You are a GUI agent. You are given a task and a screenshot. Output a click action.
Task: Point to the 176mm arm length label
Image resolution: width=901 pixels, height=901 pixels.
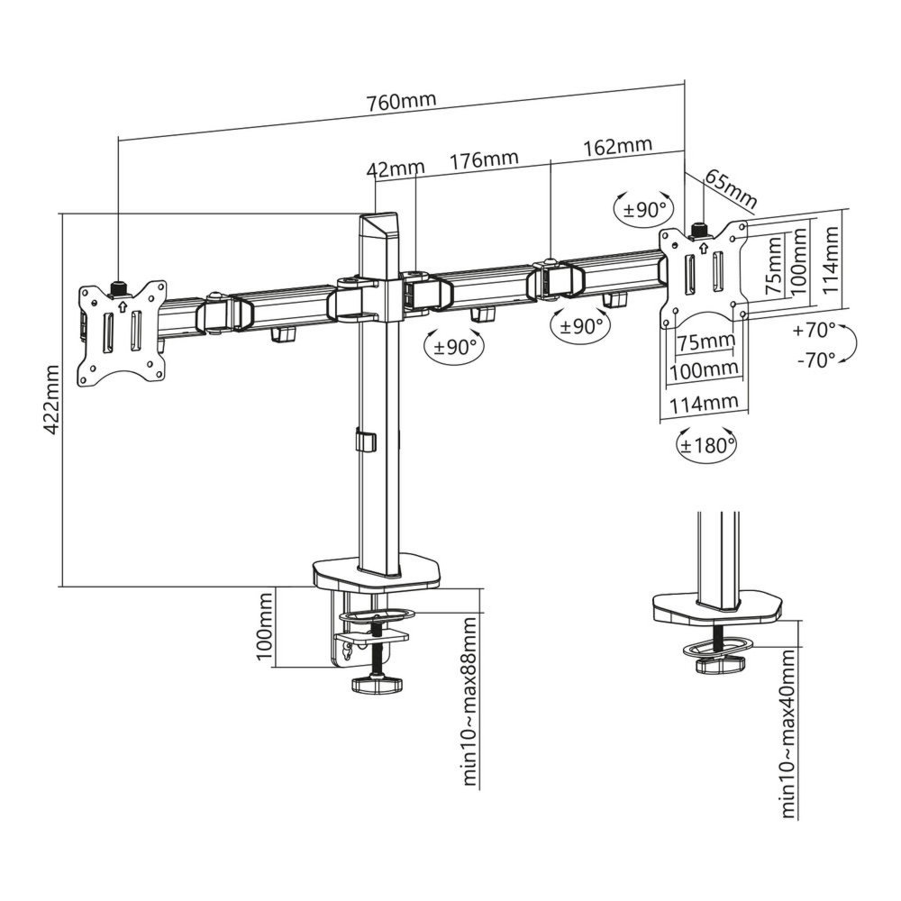click(x=484, y=159)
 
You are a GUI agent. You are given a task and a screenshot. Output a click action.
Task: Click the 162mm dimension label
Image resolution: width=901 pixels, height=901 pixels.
click(x=618, y=146)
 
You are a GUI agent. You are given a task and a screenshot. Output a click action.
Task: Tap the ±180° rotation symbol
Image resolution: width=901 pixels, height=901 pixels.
click(x=706, y=444)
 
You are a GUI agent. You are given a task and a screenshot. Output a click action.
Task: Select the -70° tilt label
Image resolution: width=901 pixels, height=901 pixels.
click(x=815, y=360)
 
